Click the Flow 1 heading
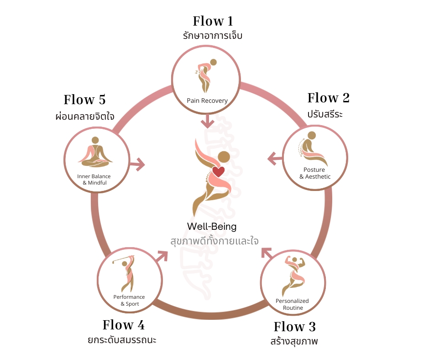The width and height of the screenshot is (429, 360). point(212,21)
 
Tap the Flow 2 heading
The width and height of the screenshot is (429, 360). point(328,98)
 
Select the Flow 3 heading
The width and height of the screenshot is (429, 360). point(294,327)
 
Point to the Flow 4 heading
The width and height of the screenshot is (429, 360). point(123,325)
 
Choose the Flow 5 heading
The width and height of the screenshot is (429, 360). point(84,100)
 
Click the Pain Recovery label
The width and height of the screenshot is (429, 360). point(207,101)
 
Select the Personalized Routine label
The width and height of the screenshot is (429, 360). point(292,304)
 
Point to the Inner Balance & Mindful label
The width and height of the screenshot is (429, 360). point(94,180)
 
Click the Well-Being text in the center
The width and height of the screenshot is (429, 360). point(212,227)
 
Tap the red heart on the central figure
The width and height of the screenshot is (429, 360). point(219,172)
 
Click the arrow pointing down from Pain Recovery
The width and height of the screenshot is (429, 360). point(208,121)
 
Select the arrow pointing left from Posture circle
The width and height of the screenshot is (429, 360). point(274,159)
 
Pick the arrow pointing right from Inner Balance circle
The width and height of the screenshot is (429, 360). point(137,164)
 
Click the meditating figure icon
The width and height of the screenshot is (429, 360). point(95,152)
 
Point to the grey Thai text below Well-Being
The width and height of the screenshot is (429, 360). point(214,241)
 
